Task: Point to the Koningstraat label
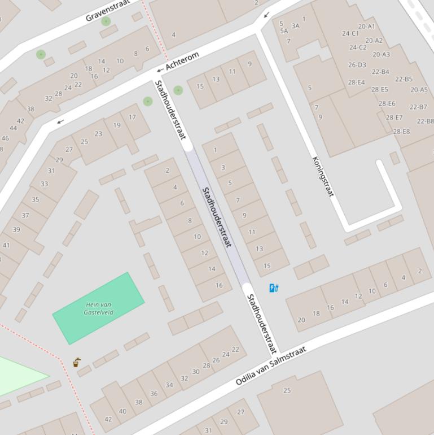click(x=323, y=176)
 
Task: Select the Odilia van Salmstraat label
click(x=271, y=366)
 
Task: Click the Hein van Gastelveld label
click(x=99, y=308)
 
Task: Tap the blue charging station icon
click(x=274, y=288)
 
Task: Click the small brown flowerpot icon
click(x=77, y=363)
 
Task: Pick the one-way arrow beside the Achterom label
click(x=160, y=70)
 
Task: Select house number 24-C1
click(x=350, y=33)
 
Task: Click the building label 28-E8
click(x=401, y=132)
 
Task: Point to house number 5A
click(x=284, y=32)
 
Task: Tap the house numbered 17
click(x=132, y=118)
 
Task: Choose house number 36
click(x=154, y=394)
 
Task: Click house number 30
click(x=196, y=372)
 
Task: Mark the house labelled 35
click(x=36, y=199)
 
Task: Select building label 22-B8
click(x=425, y=121)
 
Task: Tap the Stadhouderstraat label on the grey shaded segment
click(x=217, y=217)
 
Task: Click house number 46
click(x=5, y=138)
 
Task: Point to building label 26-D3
click(x=357, y=65)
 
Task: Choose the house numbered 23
click(x=98, y=134)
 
